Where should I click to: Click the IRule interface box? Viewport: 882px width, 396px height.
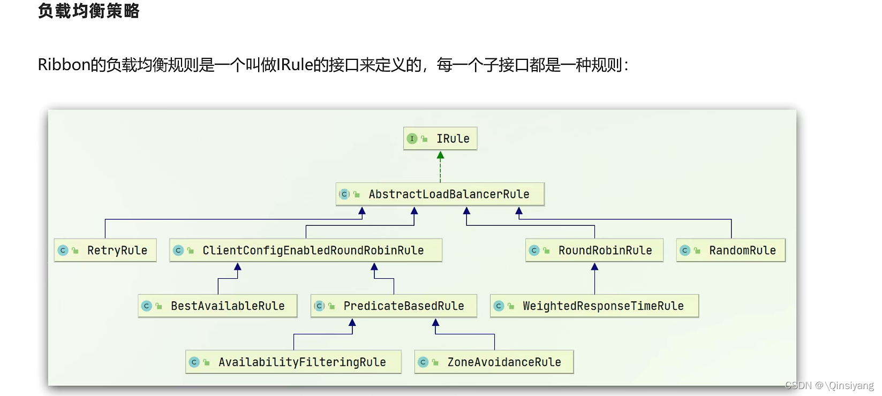(440, 139)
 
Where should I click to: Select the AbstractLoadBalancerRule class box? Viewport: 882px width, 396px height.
(440, 194)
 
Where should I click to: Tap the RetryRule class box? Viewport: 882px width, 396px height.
(105, 250)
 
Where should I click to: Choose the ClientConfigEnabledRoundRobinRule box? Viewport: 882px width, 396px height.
(306, 250)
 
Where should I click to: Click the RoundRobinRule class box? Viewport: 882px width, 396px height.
(594, 250)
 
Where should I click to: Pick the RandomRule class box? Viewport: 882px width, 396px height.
(731, 250)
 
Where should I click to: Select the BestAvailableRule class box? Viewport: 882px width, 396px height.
(217, 306)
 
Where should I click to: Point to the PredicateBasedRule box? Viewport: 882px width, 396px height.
(394, 306)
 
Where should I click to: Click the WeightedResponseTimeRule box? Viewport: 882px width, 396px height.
(594, 306)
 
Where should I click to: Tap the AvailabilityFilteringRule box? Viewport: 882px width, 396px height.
(293, 362)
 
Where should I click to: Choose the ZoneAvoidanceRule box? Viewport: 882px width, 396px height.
(494, 362)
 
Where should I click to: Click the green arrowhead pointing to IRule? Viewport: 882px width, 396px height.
(440, 156)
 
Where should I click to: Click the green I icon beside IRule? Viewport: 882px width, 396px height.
(412, 139)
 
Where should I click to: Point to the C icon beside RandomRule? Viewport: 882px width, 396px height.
(685, 250)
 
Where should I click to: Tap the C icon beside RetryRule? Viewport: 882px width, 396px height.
(63, 250)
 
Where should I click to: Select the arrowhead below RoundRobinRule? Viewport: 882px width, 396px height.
(594, 266)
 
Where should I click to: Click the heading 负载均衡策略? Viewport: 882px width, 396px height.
(89, 11)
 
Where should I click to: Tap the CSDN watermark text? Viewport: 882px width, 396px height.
(829, 385)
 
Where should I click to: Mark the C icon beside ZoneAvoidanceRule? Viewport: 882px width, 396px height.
(423, 362)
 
